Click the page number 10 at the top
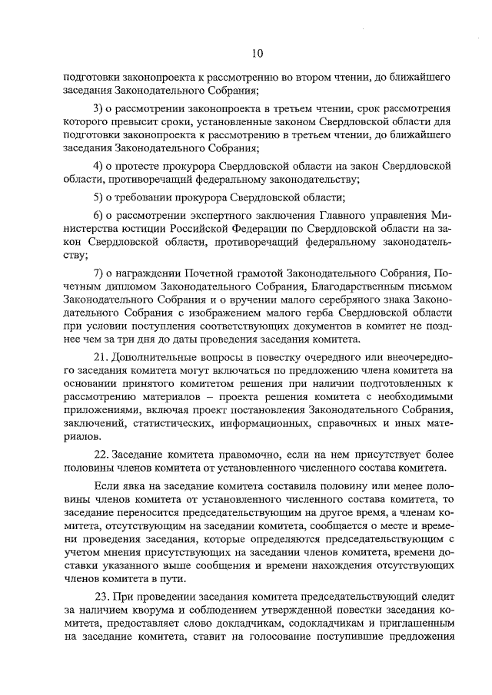pyautogui.click(x=257, y=53)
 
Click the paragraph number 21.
pyautogui.click(x=101, y=358)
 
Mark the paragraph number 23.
pyautogui.click(x=102, y=597)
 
